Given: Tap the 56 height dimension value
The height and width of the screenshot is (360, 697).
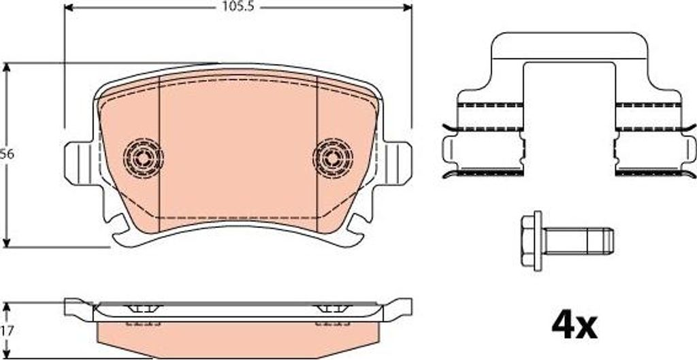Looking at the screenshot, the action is (x=7, y=154).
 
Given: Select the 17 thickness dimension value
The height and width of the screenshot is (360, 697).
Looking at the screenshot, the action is (x=7, y=331).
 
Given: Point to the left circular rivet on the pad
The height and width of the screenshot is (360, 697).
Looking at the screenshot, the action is (x=143, y=157).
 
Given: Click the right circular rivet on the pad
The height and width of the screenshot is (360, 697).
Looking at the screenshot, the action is (x=332, y=157).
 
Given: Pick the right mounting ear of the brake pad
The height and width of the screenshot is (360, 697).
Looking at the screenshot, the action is (x=397, y=163).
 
